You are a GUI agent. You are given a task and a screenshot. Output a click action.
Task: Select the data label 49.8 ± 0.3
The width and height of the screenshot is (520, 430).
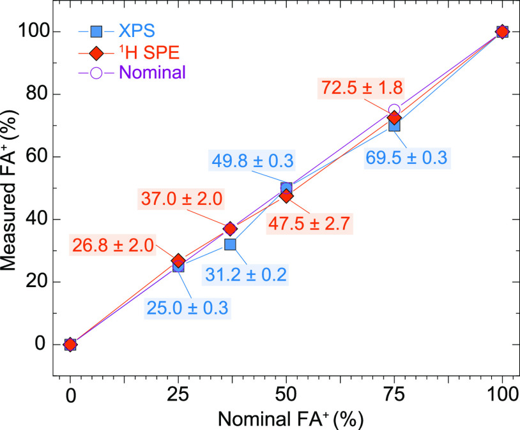252,161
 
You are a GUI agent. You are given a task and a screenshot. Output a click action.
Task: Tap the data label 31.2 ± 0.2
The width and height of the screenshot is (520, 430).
246,274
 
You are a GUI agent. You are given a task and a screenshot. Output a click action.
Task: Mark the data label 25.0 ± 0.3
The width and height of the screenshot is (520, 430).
188,308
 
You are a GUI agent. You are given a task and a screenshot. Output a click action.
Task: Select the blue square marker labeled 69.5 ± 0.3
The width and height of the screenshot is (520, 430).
394,126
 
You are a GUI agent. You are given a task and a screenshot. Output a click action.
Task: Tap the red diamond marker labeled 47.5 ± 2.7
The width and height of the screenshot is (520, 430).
286,196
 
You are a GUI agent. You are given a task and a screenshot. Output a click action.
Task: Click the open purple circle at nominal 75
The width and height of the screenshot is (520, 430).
394,110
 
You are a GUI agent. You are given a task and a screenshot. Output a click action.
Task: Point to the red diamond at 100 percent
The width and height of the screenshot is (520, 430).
502,31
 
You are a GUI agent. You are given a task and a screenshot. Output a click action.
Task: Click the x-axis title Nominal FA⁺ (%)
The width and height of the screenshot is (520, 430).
286,420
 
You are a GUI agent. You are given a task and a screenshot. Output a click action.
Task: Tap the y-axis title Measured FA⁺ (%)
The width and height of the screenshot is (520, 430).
10,189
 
